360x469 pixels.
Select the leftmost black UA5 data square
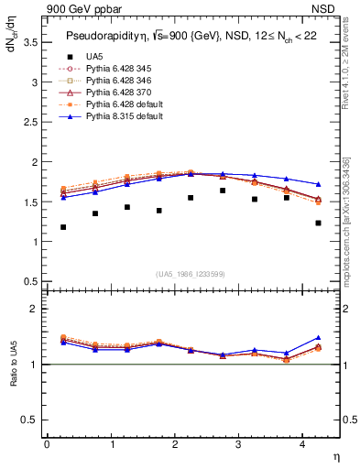point(63,227)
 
